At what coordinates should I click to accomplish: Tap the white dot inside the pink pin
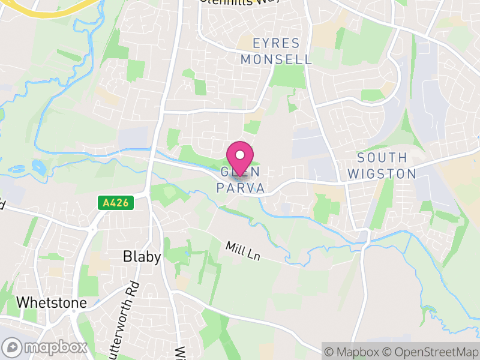240,155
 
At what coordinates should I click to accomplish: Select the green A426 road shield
116,203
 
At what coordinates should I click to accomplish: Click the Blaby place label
142,257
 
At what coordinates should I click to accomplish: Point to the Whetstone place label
52,302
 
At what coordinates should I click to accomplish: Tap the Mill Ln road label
243,251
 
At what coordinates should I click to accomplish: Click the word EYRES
276,43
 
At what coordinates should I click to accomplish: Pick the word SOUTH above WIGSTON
382,158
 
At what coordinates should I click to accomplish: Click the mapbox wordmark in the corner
54,347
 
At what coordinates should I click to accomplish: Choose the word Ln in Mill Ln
254,255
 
